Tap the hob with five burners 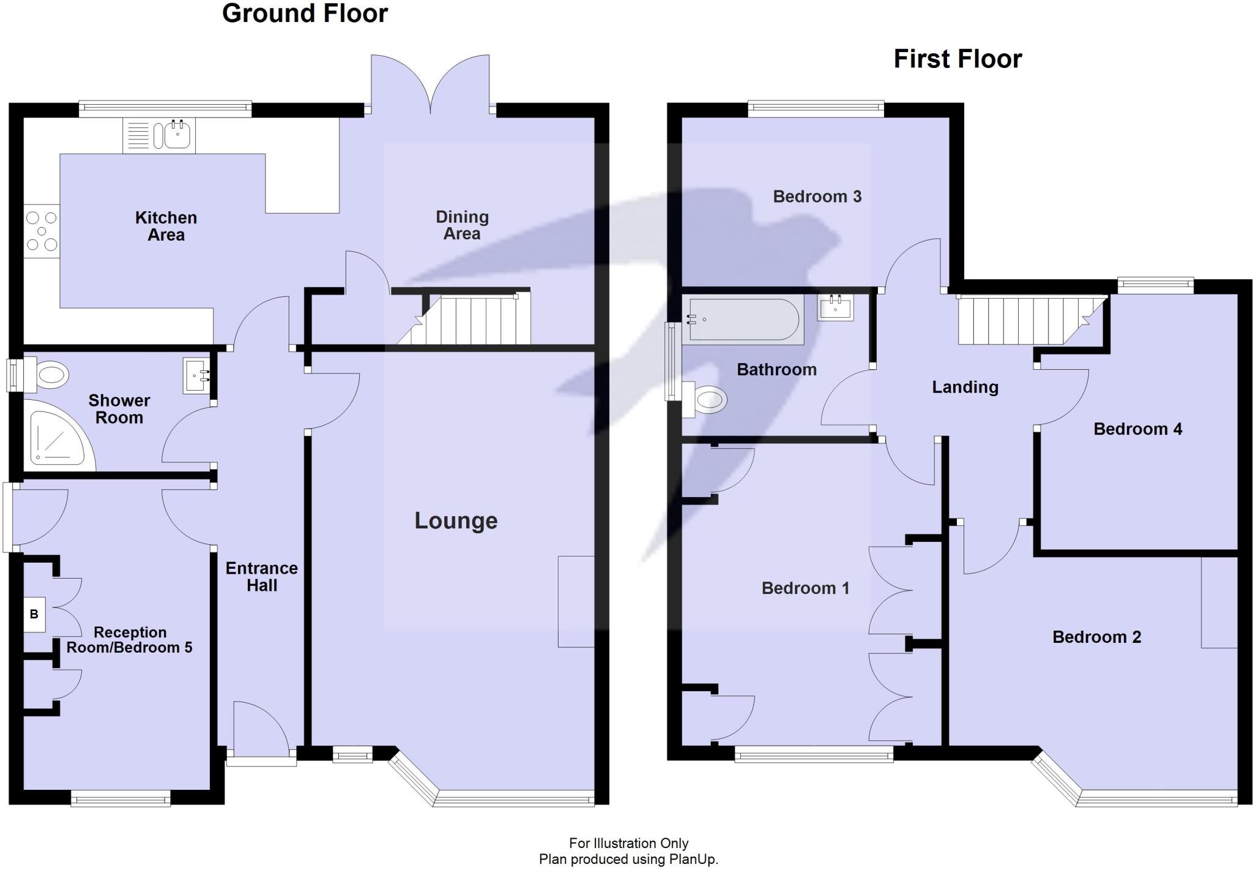point(42,231)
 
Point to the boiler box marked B point(34,614)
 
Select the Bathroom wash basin point(835,307)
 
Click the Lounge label point(456,520)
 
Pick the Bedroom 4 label point(1137,429)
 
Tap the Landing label point(965,387)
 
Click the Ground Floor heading point(305,13)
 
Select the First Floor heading point(957,59)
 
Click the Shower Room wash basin point(196,375)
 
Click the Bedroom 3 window point(816,109)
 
